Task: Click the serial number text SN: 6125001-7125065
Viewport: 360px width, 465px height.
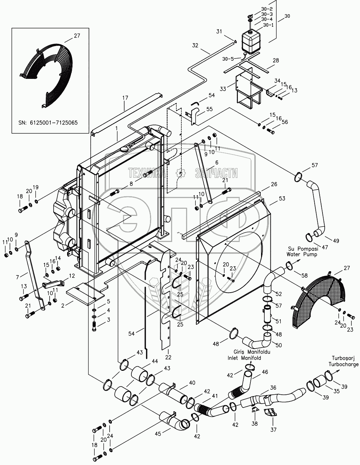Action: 48,123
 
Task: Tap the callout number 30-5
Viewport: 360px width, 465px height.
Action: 228,59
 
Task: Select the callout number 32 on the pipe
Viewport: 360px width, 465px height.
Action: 195,45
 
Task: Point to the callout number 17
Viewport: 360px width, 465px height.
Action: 125,98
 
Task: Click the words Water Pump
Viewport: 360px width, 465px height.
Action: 302,254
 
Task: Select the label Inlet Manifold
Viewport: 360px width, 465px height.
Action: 244,358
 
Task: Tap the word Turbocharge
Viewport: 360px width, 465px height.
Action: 344,364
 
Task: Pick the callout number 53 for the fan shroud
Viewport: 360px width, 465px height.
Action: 282,198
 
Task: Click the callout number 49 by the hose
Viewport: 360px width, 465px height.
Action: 336,241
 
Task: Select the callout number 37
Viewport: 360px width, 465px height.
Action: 273,429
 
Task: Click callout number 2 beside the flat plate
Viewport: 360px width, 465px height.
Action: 63,305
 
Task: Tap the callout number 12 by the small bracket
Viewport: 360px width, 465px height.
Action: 72,276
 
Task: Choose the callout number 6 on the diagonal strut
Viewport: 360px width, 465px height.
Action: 217,163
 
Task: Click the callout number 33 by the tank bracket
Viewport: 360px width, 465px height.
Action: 223,89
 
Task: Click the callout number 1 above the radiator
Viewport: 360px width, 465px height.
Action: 117,128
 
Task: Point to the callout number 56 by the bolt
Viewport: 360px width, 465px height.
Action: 285,122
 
